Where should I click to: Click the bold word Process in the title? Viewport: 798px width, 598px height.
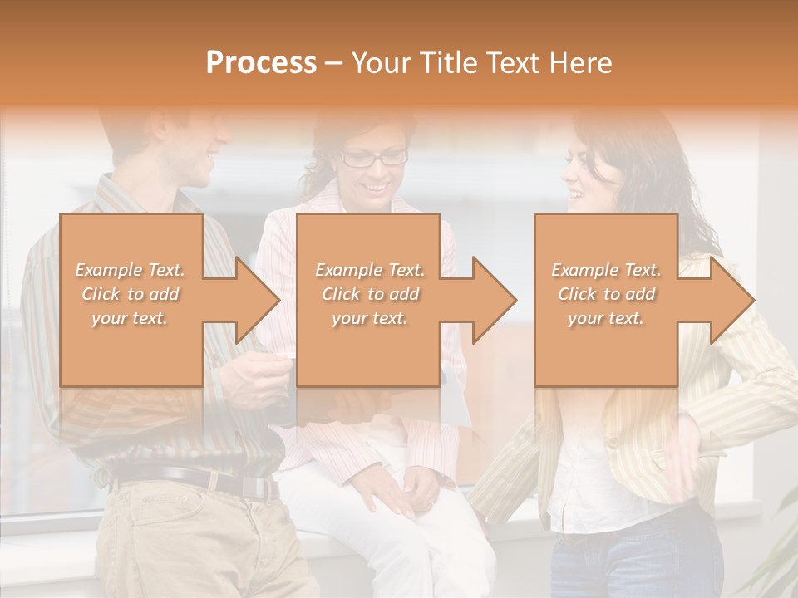click(261, 63)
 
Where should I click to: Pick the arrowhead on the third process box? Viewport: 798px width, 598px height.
click(727, 300)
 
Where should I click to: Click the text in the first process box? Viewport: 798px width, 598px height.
click(131, 294)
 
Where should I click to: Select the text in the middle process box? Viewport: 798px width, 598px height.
click(369, 294)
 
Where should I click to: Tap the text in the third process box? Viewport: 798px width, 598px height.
click(606, 294)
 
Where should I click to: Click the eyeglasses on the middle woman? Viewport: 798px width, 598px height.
click(373, 158)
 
